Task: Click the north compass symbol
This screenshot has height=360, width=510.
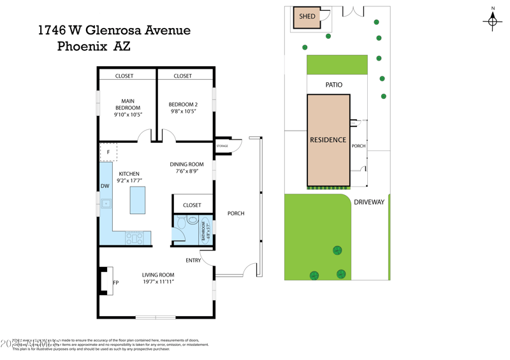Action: (x=492, y=21)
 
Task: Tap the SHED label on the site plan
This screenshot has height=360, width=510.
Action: (x=307, y=17)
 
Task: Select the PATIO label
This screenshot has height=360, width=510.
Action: (x=333, y=85)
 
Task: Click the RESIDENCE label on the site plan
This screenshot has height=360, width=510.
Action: (x=328, y=140)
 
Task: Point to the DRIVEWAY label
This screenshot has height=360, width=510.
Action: (x=369, y=202)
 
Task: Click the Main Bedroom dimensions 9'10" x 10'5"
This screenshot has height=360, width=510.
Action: (x=127, y=115)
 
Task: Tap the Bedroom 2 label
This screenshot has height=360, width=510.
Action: (x=183, y=104)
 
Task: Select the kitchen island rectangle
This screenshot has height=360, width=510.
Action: (x=137, y=200)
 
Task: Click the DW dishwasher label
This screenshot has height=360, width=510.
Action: (x=105, y=186)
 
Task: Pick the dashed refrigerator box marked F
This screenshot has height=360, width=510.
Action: (x=108, y=152)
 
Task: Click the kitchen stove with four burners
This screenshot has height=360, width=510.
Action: (x=135, y=238)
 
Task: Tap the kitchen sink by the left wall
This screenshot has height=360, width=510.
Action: (x=106, y=204)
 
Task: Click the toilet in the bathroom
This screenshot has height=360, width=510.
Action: (x=180, y=223)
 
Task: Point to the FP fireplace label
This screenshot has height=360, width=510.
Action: (x=116, y=282)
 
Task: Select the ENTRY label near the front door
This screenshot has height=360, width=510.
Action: (x=193, y=260)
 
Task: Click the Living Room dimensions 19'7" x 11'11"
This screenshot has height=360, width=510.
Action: (x=157, y=282)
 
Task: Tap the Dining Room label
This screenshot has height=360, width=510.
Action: (x=187, y=164)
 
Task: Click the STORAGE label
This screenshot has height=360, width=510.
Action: (x=222, y=146)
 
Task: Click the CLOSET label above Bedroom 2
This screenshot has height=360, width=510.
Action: (x=182, y=76)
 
